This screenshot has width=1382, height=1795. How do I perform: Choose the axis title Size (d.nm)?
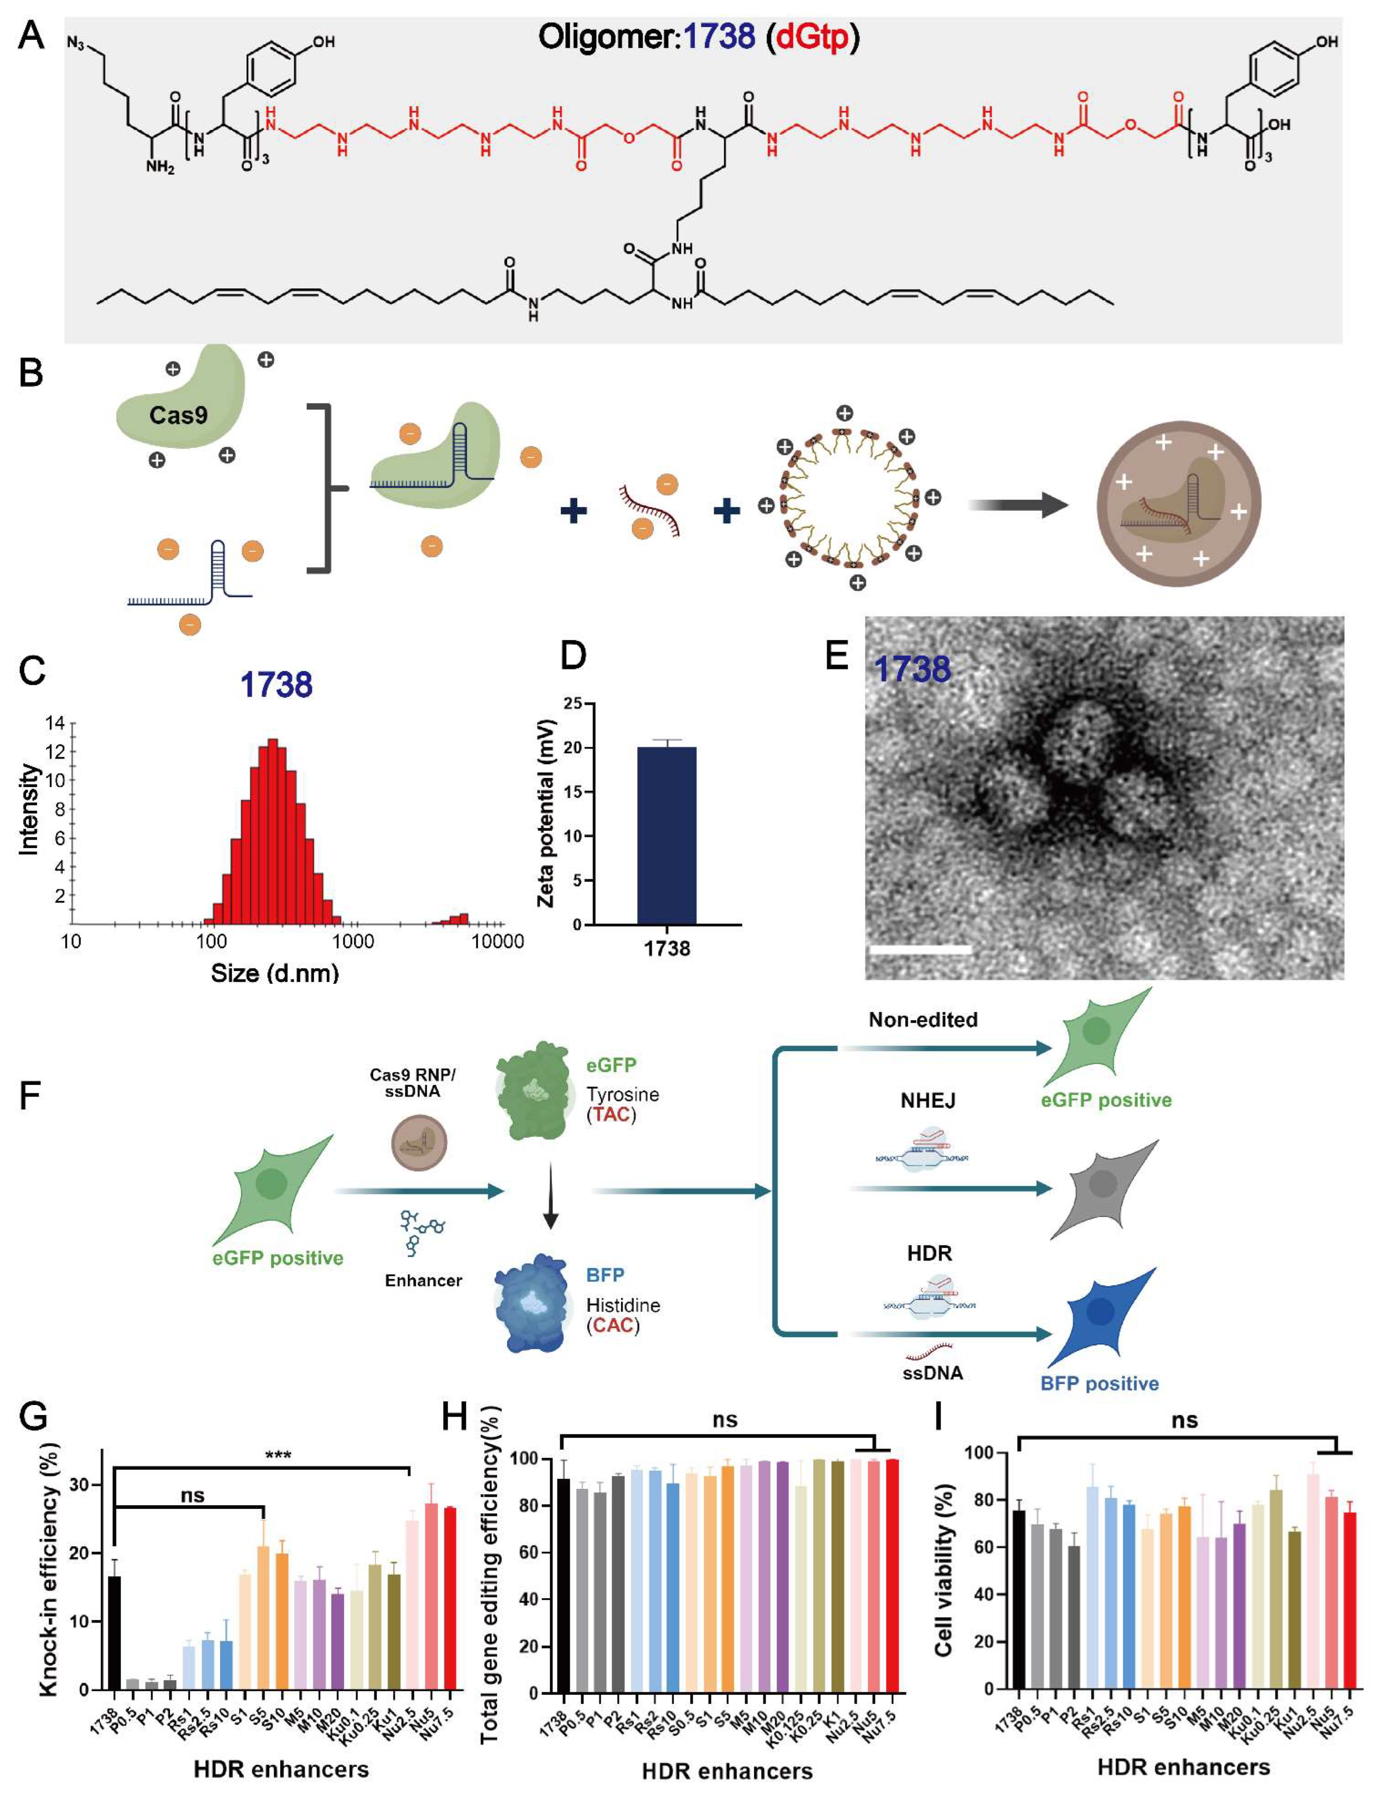pos(275,973)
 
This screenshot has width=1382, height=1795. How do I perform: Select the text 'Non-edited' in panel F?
pos(922,1020)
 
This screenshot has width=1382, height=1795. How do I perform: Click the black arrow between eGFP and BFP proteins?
pos(551,1196)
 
